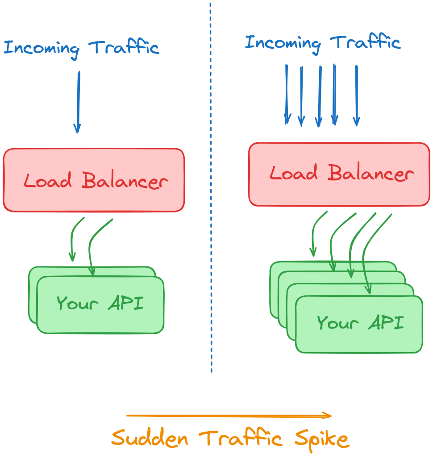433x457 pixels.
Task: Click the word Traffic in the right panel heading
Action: coord(365,43)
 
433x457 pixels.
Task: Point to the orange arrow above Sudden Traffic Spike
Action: coord(228,416)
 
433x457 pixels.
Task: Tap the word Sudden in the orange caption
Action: coord(150,439)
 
